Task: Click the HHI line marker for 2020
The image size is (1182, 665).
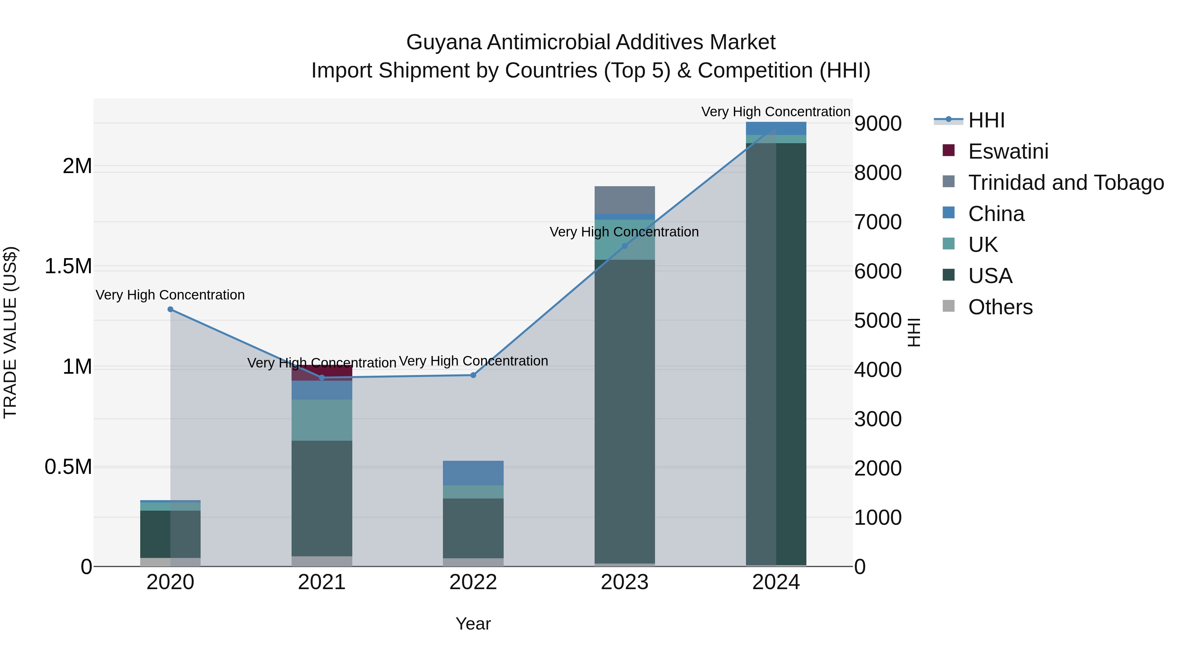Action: coord(170,309)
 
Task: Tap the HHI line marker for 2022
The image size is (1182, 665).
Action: coord(473,375)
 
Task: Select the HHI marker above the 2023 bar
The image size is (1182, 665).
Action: coord(624,246)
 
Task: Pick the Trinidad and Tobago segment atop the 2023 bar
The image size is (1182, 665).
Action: coord(624,200)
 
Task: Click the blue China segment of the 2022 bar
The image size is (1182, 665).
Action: coord(473,473)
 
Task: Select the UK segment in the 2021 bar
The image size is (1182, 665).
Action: coord(322,420)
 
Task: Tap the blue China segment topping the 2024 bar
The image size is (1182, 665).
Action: coord(776,128)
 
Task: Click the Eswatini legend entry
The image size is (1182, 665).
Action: coord(1008,151)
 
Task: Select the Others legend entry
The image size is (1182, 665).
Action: coord(1000,307)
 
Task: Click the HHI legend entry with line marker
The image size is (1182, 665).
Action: coord(986,120)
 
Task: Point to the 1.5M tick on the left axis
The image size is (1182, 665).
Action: coord(68,266)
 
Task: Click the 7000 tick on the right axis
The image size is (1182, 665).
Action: coord(877,222)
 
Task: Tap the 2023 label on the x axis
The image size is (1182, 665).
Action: coord(624,582)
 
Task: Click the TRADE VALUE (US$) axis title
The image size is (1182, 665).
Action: coord(10,332)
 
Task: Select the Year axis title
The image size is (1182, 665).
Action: coord(473,624)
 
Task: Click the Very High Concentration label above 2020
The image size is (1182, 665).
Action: coord(170,295)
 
